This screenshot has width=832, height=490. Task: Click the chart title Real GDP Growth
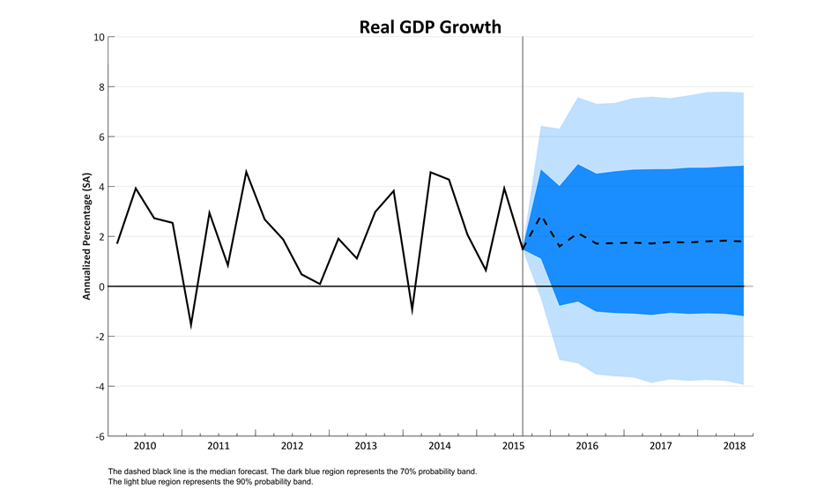pos(430,26)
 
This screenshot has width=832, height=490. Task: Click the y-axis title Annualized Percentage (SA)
pos(87,236)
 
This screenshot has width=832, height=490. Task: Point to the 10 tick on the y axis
pos(100,37)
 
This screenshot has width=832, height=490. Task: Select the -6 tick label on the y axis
pos(98,436)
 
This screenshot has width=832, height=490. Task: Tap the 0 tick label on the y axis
pos(101,286)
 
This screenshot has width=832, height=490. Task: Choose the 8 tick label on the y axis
pos(101,87)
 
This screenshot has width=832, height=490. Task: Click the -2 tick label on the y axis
pos(98,337)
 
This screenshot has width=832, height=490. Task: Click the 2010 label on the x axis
pos(145,446)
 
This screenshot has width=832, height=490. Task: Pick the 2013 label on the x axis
pos(366,446)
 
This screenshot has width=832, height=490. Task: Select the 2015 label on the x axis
pos(513,446)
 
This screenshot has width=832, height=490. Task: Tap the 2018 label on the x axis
pos(734,446)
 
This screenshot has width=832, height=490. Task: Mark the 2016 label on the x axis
pos(587,446)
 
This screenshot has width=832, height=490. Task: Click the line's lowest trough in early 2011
pos(191,325)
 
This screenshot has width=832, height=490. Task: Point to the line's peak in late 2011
pos(246,172)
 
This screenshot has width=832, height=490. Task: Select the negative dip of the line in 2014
pos(412,311)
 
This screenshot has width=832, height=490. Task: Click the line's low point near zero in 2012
pos(319,284)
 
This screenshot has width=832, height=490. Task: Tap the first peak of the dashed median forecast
pos(541,216)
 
